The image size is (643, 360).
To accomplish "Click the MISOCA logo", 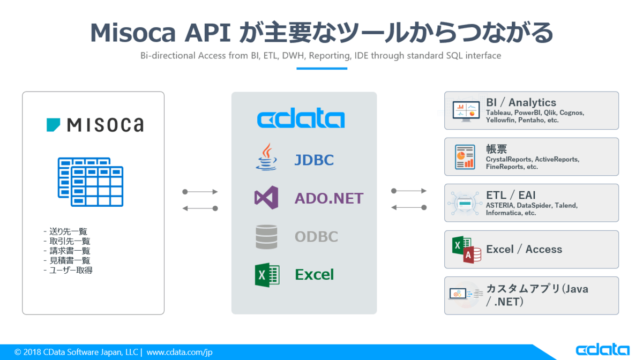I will pyautogui.click(x=95, y=125).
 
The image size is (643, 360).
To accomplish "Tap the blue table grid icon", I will pyautogui.click(x=91, y=182).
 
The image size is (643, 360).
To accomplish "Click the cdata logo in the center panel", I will pyautogui.click(x=301, y=119).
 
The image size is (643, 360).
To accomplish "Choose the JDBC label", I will pyautogui.click(x=314, y=160).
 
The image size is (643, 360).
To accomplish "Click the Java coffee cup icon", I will pyautogui.click(x=266, y=157).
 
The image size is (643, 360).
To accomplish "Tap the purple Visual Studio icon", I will pyautogui.click(x=266, y=198).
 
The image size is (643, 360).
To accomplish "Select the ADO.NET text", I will pyautogui.click(x=329, y=198).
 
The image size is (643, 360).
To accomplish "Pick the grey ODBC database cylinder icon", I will pyautogui.click(x=266, y=237).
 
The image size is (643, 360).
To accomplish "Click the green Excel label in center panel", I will pyautogui.click(x=315, y=275).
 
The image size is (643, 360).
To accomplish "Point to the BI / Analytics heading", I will pyautogui.click(x=521, y=102).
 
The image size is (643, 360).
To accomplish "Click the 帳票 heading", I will pyautogui.click(x=497, y=149).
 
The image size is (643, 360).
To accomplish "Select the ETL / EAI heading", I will pyautogui.click(x=511, y=195).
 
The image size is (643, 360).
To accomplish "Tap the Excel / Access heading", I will pyautogui.click(x=524, y=249).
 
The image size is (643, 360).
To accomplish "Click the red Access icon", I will pyautogui.click(x=472, y=254).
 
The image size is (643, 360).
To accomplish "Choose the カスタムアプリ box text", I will pyautogui.click(x=537, y=295).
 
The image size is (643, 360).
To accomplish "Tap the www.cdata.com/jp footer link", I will pyautogui.click(x=180, y=352).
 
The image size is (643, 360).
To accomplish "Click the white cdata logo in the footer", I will pyautogui.click(x=603, y=350).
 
